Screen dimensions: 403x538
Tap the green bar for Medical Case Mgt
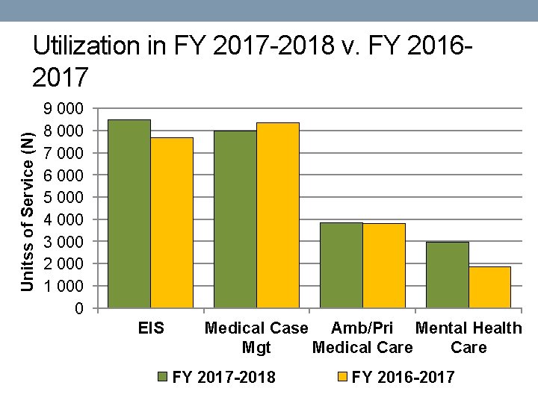(235, 219)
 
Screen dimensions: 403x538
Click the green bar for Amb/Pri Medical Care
(341, 265)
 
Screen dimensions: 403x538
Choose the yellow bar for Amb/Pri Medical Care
(384, 266)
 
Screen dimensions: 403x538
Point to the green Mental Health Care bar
(448, 275)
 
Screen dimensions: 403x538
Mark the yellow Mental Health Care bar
(490, 287)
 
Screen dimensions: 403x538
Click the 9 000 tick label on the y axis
(64, 109)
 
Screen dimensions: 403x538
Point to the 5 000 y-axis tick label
(64, 198)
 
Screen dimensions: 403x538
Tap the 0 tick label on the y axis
(78, 309)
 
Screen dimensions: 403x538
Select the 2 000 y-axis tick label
(64, 264)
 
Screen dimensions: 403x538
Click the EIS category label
(151, 328)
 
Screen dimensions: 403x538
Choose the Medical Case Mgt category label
(256, 337)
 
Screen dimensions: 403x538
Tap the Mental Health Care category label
(469, 337)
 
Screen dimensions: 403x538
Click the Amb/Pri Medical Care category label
(362, 337)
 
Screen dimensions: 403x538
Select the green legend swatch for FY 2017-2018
(162, 377)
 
